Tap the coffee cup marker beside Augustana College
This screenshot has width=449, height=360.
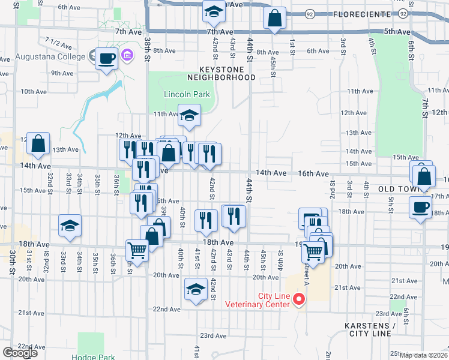click(x=106, y=59)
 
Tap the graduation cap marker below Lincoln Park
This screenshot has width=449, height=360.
click(x=189, y=115)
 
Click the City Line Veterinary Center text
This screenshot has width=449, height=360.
click(x=257, y=299)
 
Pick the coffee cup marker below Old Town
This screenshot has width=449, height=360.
click(x=419, y=208)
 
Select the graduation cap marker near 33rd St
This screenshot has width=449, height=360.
click(x=70, y=226)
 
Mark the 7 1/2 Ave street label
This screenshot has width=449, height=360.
click(x=58, y=43)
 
